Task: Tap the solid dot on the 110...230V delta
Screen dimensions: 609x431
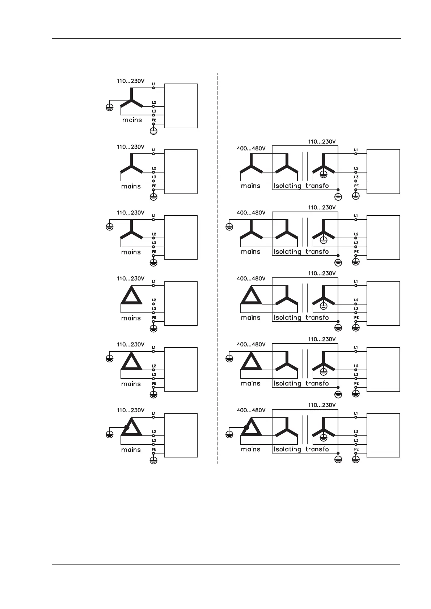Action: (x=127, y=427)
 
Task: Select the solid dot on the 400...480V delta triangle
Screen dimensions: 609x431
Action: (x=246, y=427)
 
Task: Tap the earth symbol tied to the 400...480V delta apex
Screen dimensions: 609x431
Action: (x=229, y=358)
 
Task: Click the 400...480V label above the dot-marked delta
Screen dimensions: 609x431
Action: (x=251, y=410)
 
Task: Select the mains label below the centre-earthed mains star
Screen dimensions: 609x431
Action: (x=132, y=120)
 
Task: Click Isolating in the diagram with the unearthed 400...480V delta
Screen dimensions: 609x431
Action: (x=287, y=318)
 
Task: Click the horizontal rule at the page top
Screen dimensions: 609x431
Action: (x=226, y=39)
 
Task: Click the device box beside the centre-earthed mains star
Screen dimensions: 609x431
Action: (x=181, y=106)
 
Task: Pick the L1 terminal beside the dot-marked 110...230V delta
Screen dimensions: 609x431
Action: (x=154, y=417)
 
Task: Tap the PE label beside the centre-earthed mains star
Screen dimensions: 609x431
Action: (x=154, y=120)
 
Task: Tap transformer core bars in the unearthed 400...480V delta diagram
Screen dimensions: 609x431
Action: (x=305, y=298)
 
